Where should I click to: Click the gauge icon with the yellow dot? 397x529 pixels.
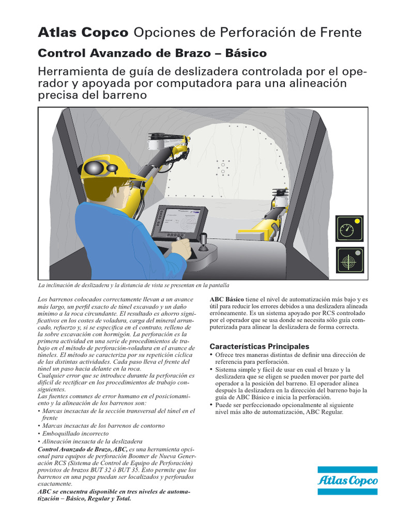click(x=350, y=228)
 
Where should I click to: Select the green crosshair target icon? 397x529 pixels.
click(x=350, y=260)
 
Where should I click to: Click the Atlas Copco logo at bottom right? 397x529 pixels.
click(x=348, y=480)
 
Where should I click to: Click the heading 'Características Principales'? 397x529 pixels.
click(x=259, y=346)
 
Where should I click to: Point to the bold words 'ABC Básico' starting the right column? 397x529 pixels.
click(x=226, y=299)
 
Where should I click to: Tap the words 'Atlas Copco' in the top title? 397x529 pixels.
click(x=83, y=33)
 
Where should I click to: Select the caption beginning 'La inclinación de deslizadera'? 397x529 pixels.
click(x=133, y=285)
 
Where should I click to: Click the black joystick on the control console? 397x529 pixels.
click(x=203, y=241)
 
